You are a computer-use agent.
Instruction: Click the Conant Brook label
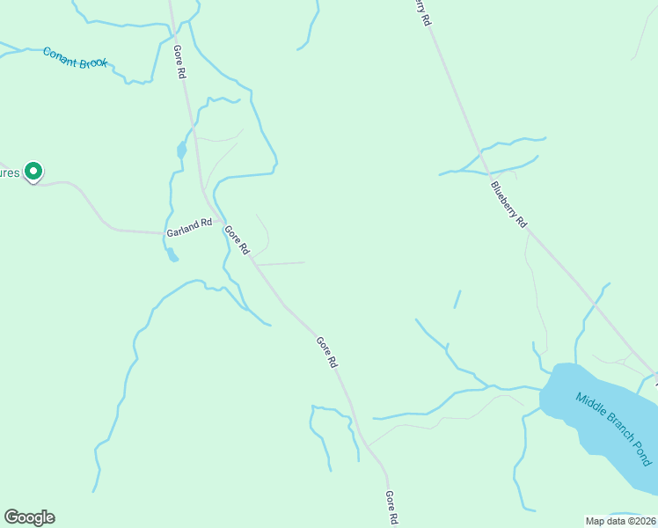pos(75,58)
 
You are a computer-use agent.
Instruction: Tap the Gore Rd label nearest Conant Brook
pos(179,62)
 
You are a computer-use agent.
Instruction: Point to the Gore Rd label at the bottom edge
pos(392,509)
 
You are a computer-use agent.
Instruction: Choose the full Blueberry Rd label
pos(508,204)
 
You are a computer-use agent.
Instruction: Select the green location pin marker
pos(33,171)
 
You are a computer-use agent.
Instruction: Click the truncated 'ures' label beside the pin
pos(9,173)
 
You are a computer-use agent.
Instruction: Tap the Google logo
pos(29,517)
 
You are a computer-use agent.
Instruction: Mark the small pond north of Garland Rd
pos(182,150)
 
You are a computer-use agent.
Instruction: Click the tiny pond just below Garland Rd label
pos(172,256)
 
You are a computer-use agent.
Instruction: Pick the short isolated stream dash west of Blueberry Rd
pos(457,299)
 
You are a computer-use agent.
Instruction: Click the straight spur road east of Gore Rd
pos(280,263)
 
